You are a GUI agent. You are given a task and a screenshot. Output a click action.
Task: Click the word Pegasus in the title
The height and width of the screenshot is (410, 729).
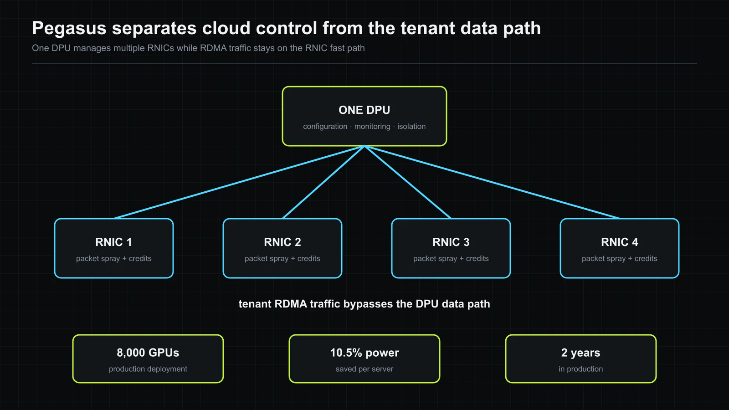pos(69,28)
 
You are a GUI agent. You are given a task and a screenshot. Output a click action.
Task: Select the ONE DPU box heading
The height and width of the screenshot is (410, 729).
pos(364,110)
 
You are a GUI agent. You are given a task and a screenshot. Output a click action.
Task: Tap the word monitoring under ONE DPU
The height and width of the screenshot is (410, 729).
pos(372,126)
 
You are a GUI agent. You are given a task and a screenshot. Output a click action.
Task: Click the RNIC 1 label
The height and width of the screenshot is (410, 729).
pos(113,242)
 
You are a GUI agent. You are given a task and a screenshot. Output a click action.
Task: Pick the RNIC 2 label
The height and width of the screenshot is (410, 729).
pos(282,242)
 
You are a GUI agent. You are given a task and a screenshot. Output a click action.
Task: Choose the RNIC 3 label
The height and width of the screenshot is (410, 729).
pos(451,242)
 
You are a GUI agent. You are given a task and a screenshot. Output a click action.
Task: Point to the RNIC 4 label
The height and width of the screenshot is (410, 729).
pos(619,242)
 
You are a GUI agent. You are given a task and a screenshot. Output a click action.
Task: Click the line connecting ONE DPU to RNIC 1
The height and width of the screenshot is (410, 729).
pos(239,182)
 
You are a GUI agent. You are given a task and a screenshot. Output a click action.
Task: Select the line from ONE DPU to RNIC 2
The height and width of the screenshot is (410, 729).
pos(323,182)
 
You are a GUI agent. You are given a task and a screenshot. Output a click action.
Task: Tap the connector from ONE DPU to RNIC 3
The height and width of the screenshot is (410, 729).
pos(408,182)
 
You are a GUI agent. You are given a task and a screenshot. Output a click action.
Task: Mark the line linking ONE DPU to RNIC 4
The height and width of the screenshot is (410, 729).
pos(492,182)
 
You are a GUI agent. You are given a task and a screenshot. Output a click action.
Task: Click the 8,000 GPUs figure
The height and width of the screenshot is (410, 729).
pos(148,353)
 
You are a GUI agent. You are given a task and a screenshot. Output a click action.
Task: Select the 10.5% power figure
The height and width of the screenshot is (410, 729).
pos(364,353)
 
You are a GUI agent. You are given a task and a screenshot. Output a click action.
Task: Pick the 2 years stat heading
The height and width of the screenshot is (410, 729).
pos(580,353)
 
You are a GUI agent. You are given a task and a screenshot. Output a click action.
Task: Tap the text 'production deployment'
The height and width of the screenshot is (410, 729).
pos(148,369)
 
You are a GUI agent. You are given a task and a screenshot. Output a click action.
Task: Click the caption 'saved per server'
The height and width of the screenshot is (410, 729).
pos(364,369)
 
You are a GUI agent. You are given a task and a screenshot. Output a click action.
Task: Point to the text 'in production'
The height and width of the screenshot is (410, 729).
pos(580,369)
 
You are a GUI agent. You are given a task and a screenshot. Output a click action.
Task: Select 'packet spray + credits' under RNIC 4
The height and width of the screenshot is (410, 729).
pos(619,258)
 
